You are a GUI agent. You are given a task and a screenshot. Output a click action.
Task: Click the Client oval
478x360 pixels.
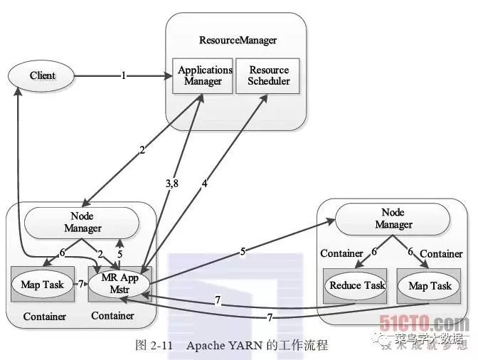42,75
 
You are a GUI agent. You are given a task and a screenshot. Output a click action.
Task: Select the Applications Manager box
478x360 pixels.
205,75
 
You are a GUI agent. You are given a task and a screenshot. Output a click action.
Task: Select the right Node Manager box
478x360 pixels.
393,219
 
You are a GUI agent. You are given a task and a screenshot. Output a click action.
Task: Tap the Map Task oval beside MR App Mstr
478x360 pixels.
43,285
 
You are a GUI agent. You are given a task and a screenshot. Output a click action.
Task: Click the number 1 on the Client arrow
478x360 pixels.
124,75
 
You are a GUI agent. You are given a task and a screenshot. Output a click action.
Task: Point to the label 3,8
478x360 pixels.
173,184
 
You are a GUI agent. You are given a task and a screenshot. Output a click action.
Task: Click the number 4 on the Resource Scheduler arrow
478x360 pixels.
204,184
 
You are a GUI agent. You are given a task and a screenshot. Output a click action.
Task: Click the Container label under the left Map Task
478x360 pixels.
44,317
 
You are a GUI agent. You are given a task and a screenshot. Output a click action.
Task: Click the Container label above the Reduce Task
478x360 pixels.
342,253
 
